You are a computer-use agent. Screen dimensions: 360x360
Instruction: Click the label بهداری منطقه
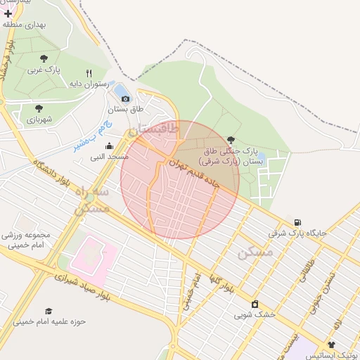24,25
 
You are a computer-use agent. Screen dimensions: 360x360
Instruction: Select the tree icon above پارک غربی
44,59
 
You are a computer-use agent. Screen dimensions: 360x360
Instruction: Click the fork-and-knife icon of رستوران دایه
89,73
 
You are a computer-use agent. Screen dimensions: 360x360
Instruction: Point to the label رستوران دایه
87,84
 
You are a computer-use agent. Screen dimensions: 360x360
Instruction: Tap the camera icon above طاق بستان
126,99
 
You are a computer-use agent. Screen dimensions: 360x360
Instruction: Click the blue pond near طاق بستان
121,91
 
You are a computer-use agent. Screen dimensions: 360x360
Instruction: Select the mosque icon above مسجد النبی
108,146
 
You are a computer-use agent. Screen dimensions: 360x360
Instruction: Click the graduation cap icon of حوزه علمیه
49,310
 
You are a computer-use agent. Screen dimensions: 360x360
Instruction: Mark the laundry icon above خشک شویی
255,304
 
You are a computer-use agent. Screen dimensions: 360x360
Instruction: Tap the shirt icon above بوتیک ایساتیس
331,345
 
